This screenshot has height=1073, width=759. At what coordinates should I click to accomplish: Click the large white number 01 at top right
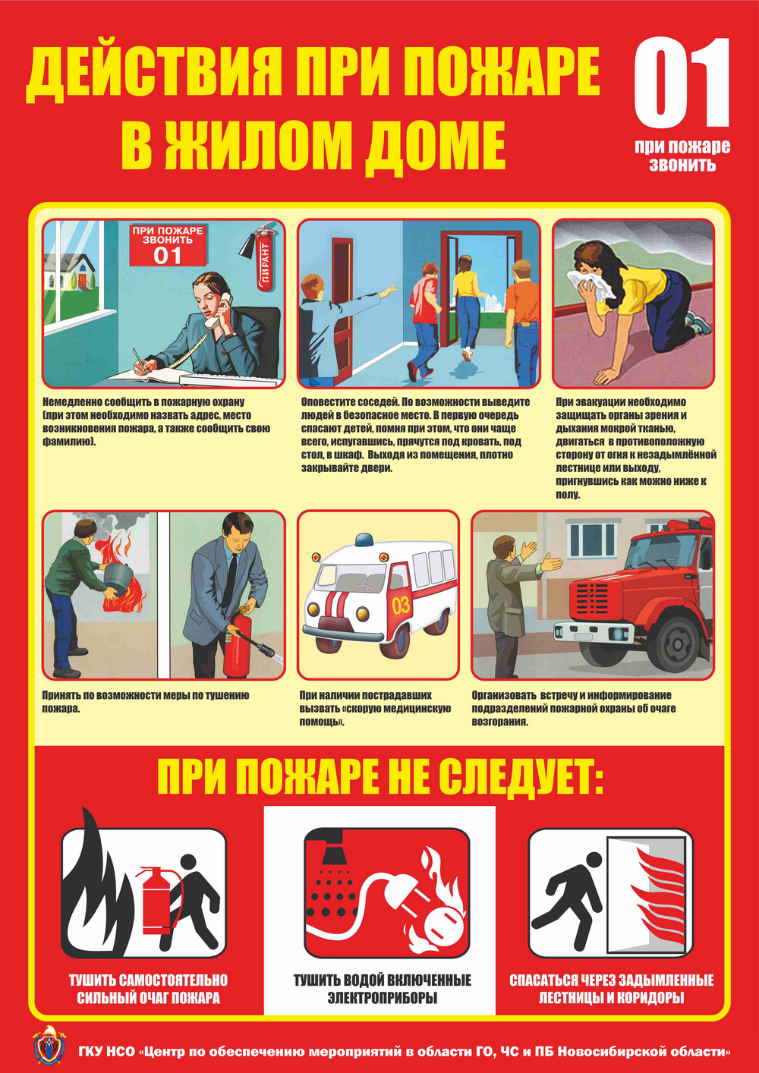(682, 83)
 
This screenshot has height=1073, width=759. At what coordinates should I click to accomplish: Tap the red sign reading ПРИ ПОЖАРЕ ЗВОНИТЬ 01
(168, 244)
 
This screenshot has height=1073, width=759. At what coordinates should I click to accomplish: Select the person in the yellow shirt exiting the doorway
(466, 307)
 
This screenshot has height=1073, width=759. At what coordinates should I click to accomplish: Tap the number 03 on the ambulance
(401, 605)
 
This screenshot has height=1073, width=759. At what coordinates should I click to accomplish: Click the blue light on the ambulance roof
(364, 540)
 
